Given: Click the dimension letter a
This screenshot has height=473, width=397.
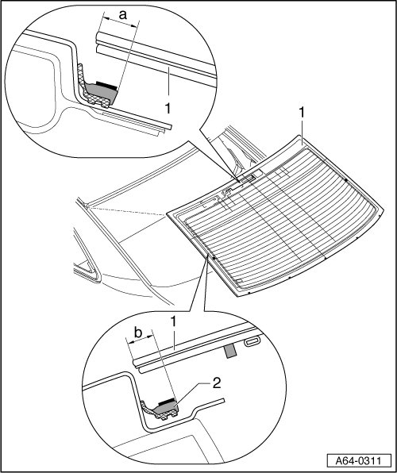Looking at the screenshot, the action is (122, 15).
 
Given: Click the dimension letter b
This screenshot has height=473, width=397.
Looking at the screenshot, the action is (138, 333).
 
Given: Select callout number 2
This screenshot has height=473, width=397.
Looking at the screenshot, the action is (217, 383).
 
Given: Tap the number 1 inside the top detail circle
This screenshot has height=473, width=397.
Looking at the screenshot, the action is (168, 109).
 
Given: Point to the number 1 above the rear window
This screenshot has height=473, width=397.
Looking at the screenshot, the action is (301, 113).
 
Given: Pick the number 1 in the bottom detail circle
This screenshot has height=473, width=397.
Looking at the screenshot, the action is (173, 321).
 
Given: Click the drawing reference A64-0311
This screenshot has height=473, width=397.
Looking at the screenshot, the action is (359, 461).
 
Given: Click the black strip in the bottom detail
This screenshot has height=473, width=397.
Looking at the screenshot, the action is (167, 402).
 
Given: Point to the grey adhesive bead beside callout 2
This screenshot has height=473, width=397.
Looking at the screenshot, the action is (167, 408).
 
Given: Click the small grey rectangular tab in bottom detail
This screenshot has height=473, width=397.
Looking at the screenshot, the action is (230, 352).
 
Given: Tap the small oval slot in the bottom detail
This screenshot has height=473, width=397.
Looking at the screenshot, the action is (252, 341).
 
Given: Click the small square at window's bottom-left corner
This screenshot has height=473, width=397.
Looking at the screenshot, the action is (239, 281).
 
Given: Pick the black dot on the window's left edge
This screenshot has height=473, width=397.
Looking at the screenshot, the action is (214, 259).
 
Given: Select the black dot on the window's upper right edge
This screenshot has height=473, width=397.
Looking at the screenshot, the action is (346, 180).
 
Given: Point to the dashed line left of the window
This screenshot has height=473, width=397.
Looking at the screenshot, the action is (126, 211).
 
